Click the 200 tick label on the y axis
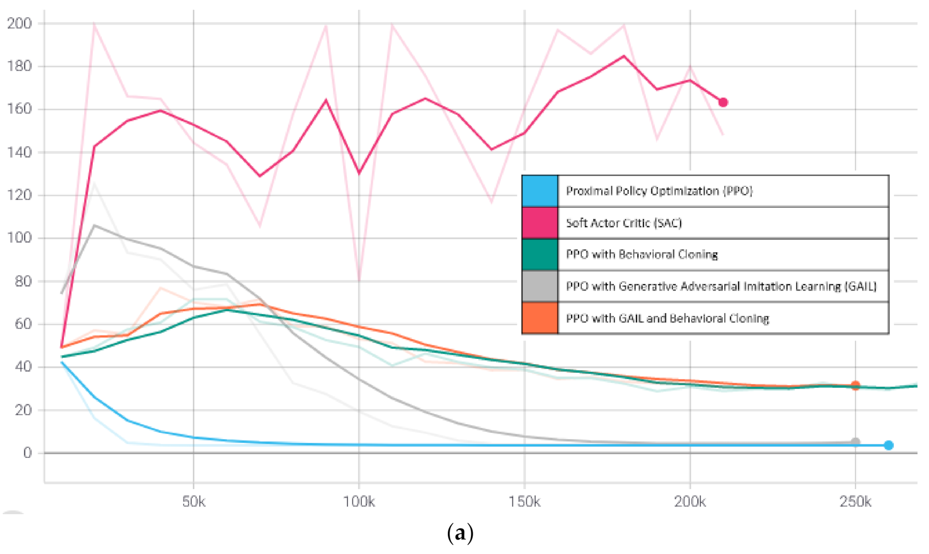[19, 23]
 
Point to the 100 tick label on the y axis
[19, 238]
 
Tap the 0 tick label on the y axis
[27, 453]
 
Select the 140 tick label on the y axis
[19, 152]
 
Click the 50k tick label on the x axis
[194, 502]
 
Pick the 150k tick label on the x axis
[524, 502]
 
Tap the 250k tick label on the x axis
[855, 502]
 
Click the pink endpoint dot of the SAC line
[723, 102]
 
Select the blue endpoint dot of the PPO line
[889, 445]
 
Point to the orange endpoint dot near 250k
[855, 385]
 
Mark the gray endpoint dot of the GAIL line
[855, 441]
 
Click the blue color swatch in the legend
[540, 191]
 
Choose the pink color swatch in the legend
[540, 223]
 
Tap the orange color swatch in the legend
[540, 318]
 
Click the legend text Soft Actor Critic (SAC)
[623, 223]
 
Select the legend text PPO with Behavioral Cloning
[642, 254]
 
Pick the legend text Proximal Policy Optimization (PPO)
[659, 191]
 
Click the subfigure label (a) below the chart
[460, 533]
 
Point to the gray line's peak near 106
[95, 225]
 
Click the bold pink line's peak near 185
[624, 56]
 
